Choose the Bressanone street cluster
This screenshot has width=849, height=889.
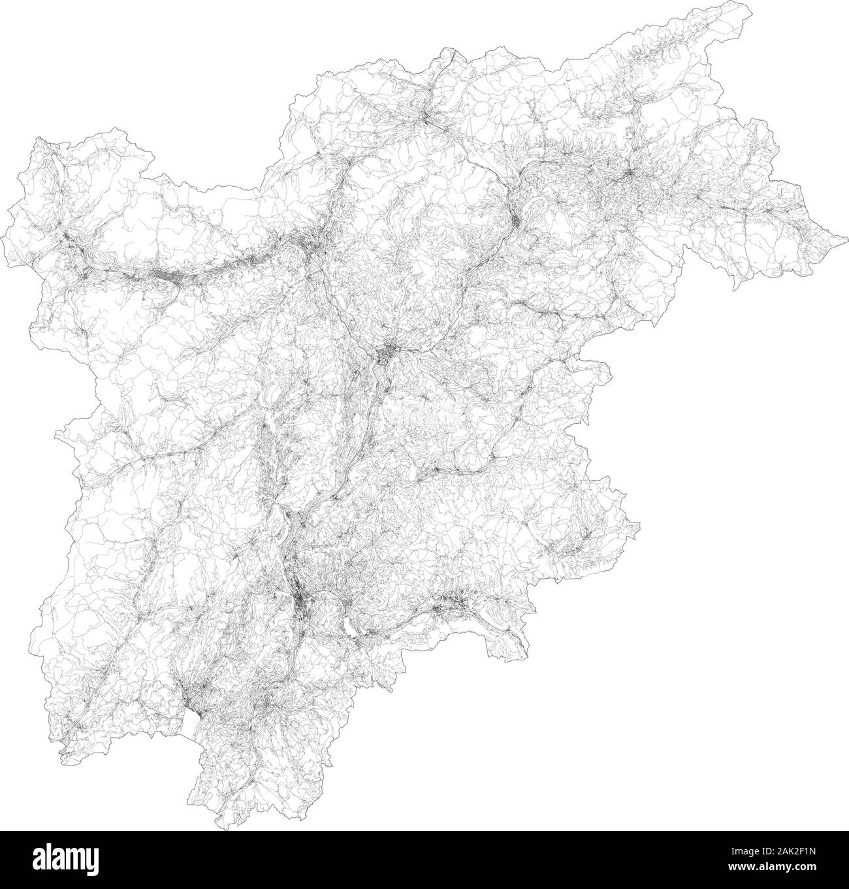tap(515, 221)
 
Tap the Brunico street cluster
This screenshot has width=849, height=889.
tap(630, 173)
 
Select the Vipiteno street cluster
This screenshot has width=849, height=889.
tap(426, 118)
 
